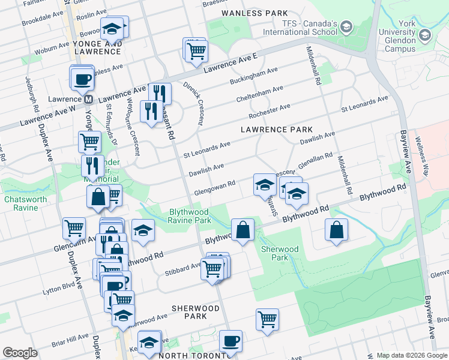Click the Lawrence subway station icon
(x=88, y=99)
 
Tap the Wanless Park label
(x=255, y=13)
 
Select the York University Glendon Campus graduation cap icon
(x=425, y=35)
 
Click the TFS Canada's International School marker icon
(x=346, y=27)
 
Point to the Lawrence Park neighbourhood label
(x=277, y=130)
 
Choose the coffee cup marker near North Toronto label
(x=231, y=341)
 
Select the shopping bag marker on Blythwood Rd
(x=243, y=230)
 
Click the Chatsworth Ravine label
(x=20, y=203)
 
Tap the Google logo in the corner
(x=20, y=353)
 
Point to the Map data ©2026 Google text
(x=412, y=355)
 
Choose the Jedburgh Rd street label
(x=32, y=98)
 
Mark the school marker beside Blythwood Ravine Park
(x=143, y=232)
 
